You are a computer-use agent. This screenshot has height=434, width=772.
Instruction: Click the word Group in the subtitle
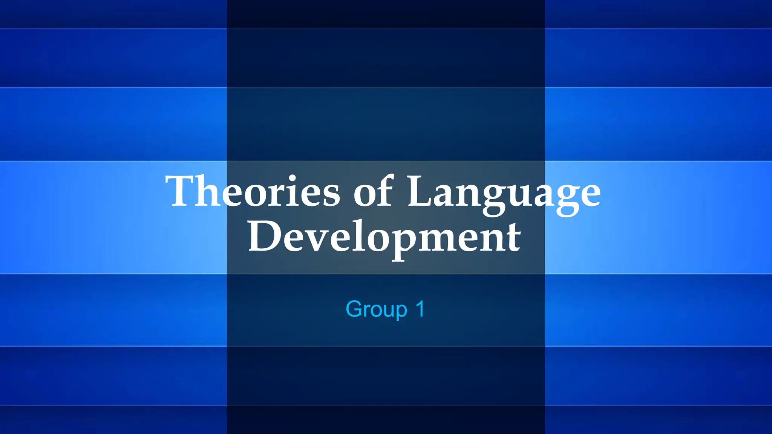coord(376,310)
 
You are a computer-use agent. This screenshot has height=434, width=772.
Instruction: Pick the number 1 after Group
coord(420,309)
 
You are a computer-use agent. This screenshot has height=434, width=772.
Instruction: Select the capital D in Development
coord(264,237)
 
